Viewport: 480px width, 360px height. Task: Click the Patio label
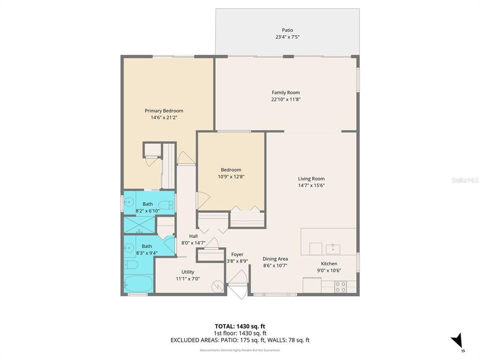[x=287, y=30]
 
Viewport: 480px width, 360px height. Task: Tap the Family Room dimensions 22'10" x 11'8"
[x=286, y=99]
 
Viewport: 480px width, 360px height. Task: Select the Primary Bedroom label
[x=164, y=110]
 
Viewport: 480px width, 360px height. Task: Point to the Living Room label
[x=311, y=178]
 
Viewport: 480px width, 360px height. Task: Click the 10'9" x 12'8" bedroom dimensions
[x=231, y=176]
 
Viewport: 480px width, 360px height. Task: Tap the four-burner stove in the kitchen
[x=340, y=286]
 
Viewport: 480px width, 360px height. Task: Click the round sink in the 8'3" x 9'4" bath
[x=130, y=247]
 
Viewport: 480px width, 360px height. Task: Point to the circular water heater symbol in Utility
[x=218, y=285]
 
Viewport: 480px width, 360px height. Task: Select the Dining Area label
[x=275, y=258]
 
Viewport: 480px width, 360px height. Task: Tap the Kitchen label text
[x=329, y=263]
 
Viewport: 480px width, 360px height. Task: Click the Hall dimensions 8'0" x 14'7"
[x=193, y=243]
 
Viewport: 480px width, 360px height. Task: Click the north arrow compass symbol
[x=457, y=342]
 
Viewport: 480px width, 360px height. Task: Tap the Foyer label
[x=237, y=254]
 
